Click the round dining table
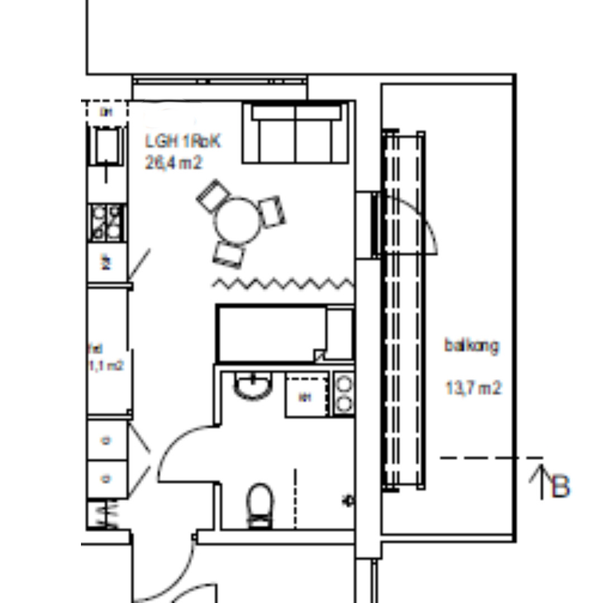pyautogui.click(x=238, y=220)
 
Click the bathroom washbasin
pyautogui.click(x=253, y=386)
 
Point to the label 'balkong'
pyautogui.click(x=472, y=346)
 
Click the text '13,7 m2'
pyautogui.click(x=473, y=387)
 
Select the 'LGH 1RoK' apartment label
pyautogui.click(x=183, y=142)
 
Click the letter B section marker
pyautogui.click(x=561, y=486)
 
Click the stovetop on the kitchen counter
pyautogui.click(x=107, y=222)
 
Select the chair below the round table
pyautogui.click(x=229, y=254)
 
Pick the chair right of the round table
pyautogui.click(x=273, y=212)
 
